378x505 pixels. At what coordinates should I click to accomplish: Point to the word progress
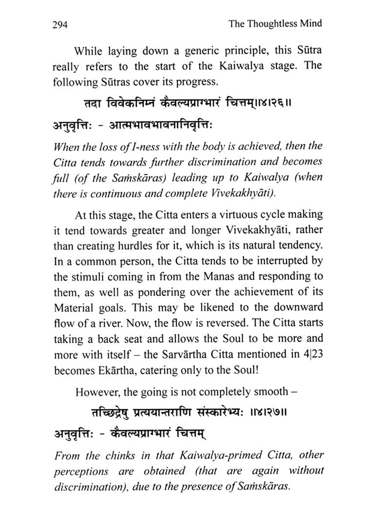click(x=196, y=82)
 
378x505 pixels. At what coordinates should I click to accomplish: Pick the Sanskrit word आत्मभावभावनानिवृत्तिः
click(x=160, y=125)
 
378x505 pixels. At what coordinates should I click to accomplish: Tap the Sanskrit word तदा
click(x=92, y=104)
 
